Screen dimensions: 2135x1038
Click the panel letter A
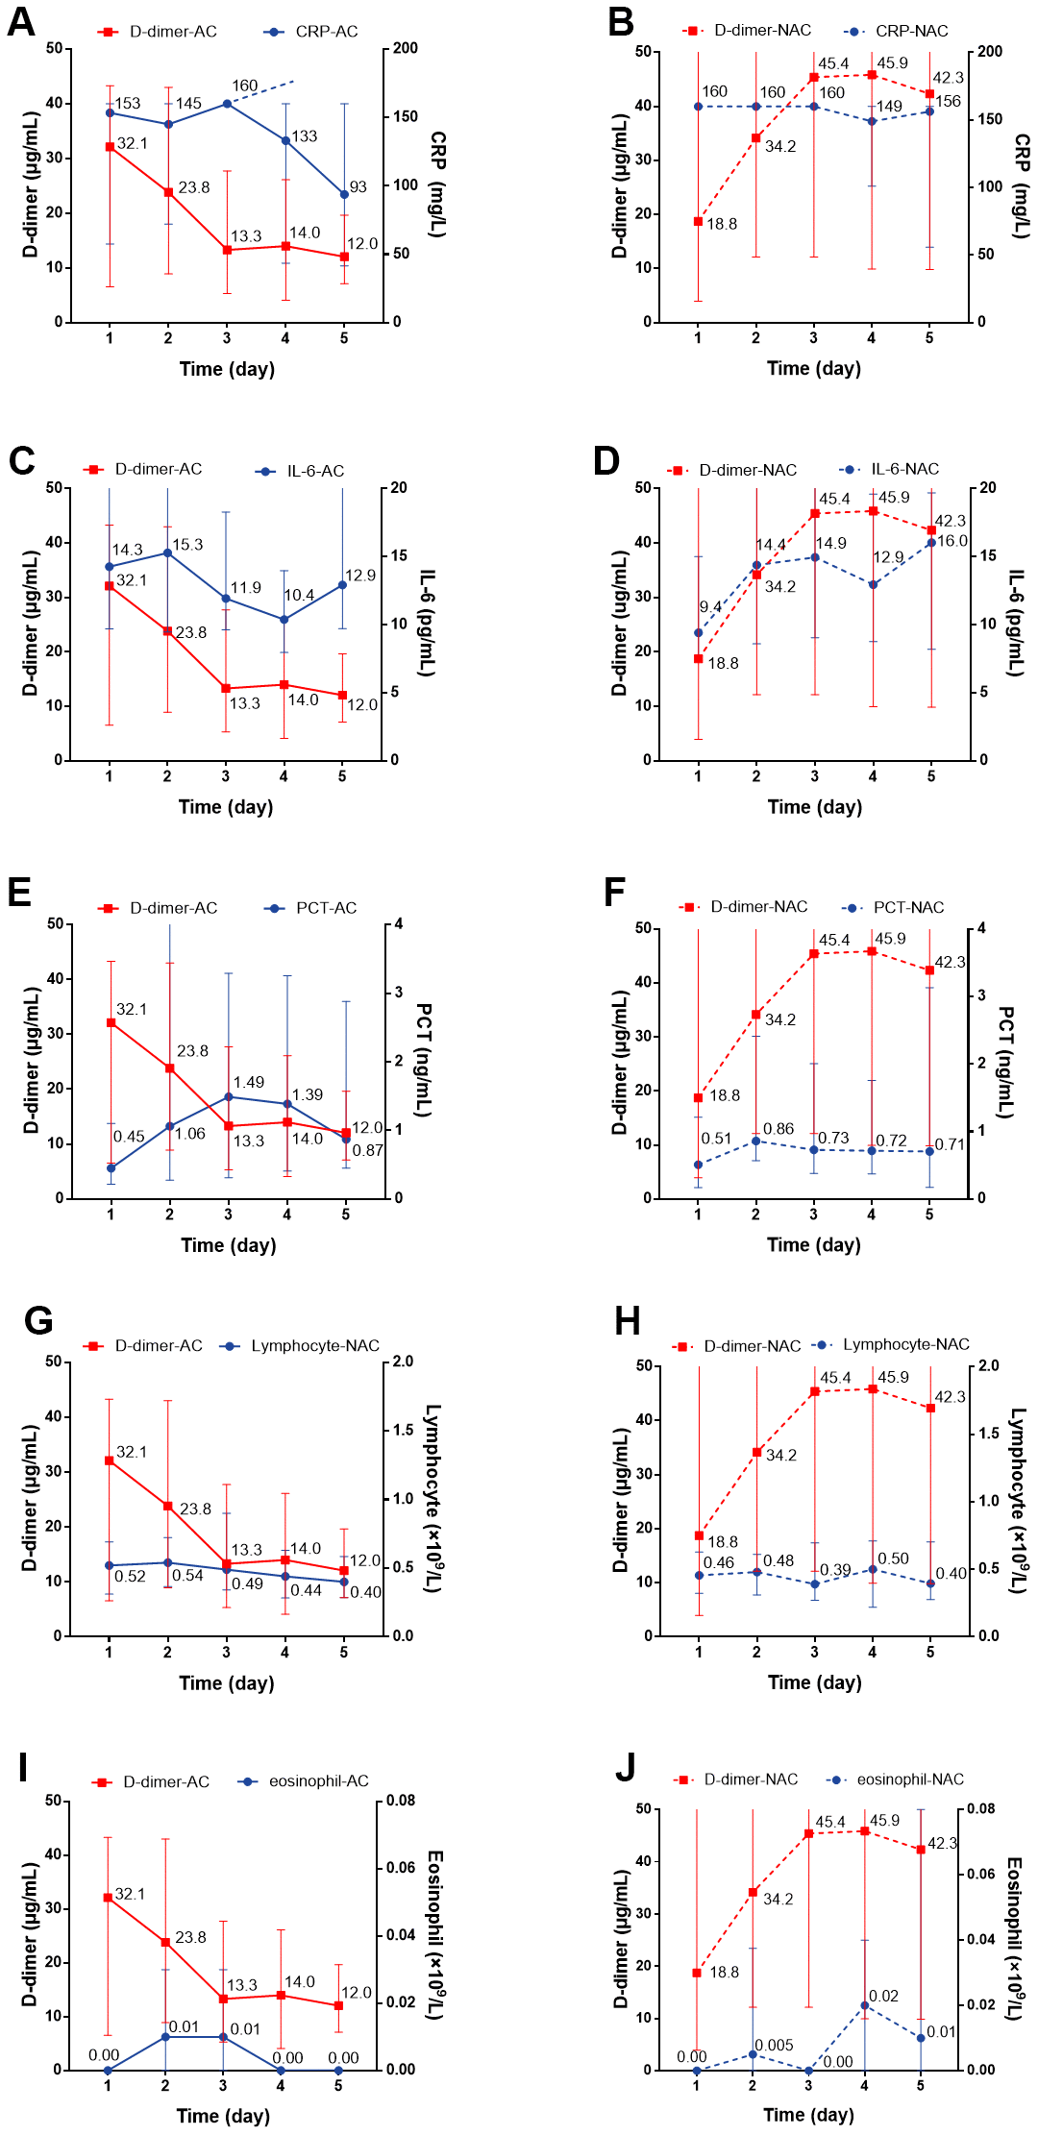[21, 22]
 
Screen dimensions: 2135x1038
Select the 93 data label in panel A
[358, 187]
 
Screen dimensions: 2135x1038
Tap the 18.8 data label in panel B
[722, 224]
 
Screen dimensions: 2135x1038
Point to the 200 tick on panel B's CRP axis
[990, 52]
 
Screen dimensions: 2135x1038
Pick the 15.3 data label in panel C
[187, 545]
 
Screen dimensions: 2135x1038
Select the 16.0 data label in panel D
[951, 541]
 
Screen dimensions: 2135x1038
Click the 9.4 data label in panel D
[710, 607]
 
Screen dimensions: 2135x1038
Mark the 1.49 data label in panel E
[249, 1082]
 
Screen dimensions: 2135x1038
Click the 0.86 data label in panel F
[778, 1129]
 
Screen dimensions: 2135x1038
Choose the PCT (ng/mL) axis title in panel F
[1005, 1063]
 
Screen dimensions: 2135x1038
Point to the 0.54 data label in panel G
[187, 1576]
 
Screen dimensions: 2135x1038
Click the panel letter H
[627, 1322]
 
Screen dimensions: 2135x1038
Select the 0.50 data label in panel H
[893, 1558]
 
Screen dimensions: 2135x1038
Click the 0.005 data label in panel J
[774, 2045]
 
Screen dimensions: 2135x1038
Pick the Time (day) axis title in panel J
[808, 2114]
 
